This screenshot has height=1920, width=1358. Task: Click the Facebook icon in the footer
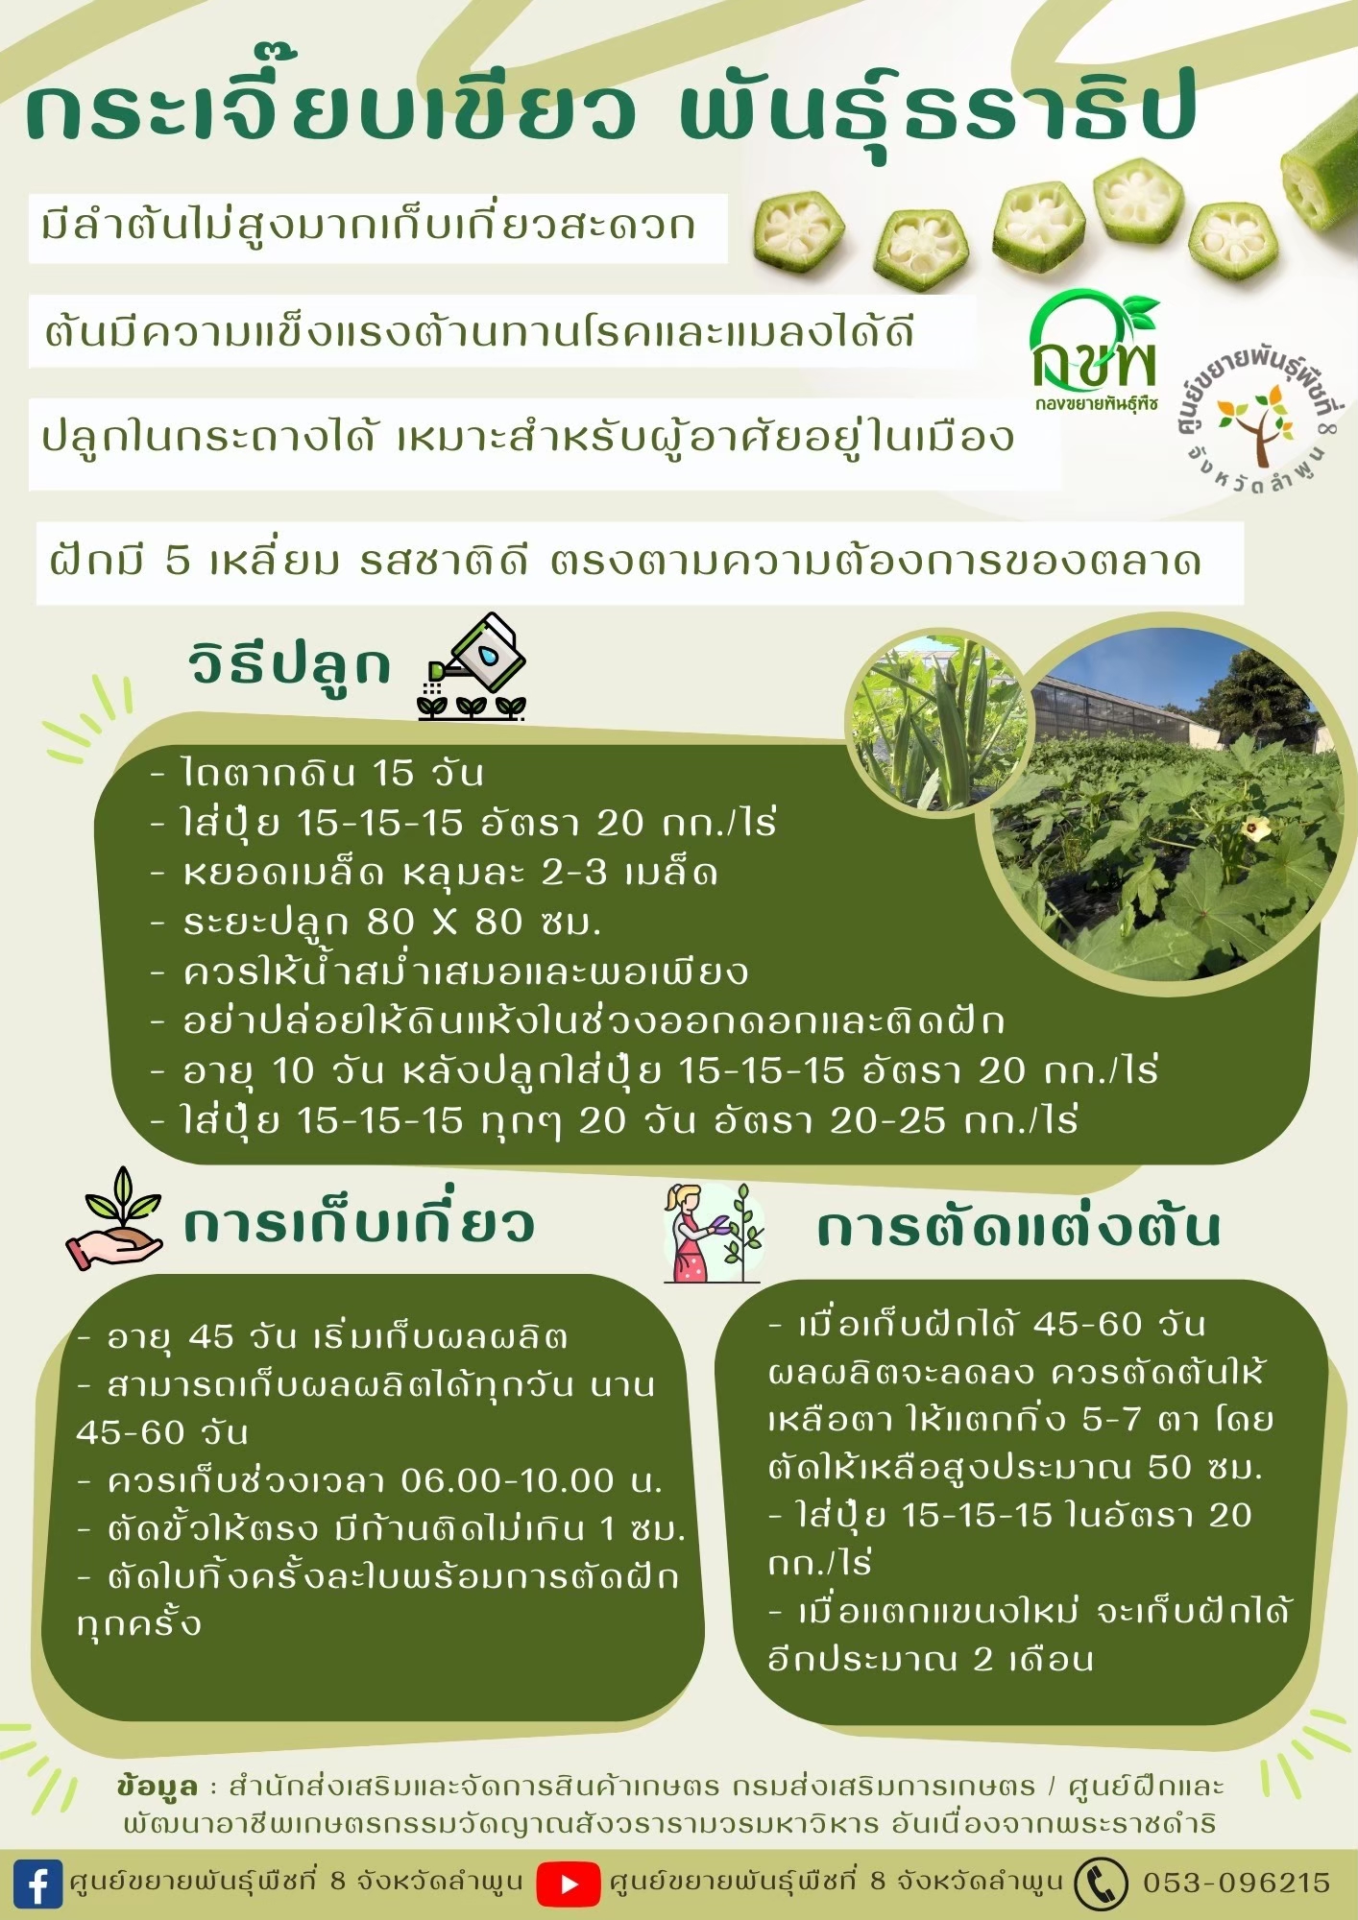(38, 1884)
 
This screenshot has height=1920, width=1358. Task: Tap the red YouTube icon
(568, 1884)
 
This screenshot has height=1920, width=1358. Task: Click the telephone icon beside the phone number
(1101, 1884)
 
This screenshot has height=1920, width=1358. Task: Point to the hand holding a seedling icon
(114, 1219)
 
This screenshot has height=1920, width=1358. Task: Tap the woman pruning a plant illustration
(713, 1234)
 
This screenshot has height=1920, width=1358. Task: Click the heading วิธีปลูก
(290, 664)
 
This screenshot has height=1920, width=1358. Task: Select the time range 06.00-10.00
(507, 1481)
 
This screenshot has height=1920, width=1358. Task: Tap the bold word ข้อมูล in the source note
(157, 1787)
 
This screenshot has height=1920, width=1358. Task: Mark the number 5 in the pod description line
(178, 560)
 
